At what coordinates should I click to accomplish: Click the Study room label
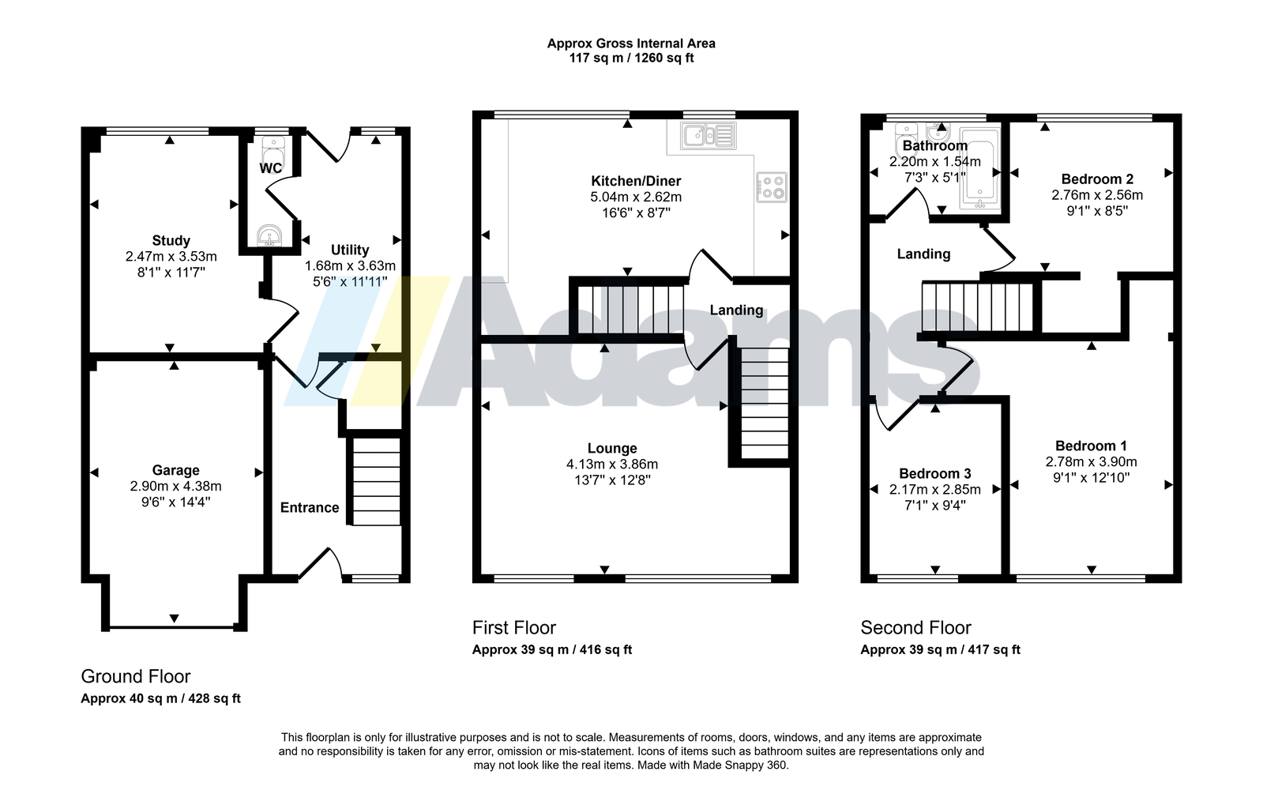coord(171,241)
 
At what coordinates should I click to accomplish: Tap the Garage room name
coord(175,470)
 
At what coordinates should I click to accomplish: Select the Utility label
coord(350,250)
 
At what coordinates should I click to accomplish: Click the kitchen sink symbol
coord(709,136)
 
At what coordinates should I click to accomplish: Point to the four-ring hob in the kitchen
coord(772,187)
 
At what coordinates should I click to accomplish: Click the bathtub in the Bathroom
coord(980,169)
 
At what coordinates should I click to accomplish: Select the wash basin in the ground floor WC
coord(270,235)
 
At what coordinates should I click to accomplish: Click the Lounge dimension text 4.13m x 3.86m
coord(612,464)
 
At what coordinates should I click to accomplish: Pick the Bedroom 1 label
coord(1091,446)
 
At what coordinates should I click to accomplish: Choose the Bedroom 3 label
coord(935,474)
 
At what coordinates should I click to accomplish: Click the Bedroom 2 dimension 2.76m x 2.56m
coord(1097,195)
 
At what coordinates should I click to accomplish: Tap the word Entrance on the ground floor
coord(310,507)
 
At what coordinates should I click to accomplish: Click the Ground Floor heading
coord(136,676)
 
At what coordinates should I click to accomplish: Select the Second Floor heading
coord(915,627)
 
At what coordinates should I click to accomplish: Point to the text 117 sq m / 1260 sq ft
coord(632,58)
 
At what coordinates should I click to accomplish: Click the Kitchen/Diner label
coord(636,181)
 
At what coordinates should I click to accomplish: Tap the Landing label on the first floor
coord(736,310)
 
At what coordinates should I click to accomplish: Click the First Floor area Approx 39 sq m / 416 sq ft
coord(552,649)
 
